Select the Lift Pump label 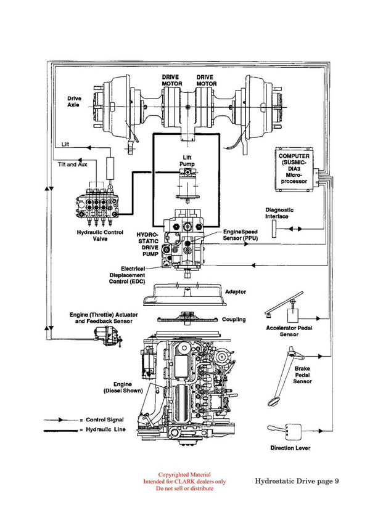point(186,161)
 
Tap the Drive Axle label point(75,101)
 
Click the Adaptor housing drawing point(183,295)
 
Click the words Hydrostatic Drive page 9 point(296,480)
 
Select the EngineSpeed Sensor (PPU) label point(241,233)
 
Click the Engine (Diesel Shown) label point(123,387)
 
